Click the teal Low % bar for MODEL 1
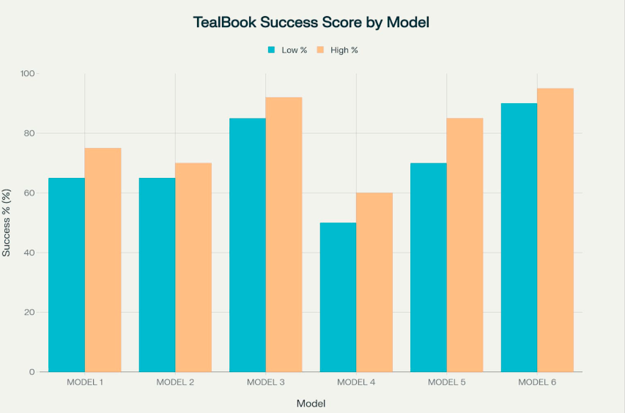click(67, 275)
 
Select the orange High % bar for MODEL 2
click(193, 267)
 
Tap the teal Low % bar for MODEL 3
click(248, 245)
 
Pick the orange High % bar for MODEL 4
click(374, 282)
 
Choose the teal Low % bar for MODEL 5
click(429, 267)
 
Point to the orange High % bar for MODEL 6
click(555, 230)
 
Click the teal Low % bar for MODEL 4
click(338, 297)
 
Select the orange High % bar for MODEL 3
click(284, 234)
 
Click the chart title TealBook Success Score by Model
click(311, 22)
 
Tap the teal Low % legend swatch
click(271, 50)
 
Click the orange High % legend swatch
click(320, 50)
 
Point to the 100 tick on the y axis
click(29, 74)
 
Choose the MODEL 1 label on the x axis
click(85, 383)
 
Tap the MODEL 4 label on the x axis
click(356, 383)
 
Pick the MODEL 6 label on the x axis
click(537, 383)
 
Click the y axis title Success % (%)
click(7, 223)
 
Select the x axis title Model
click(311, 403)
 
